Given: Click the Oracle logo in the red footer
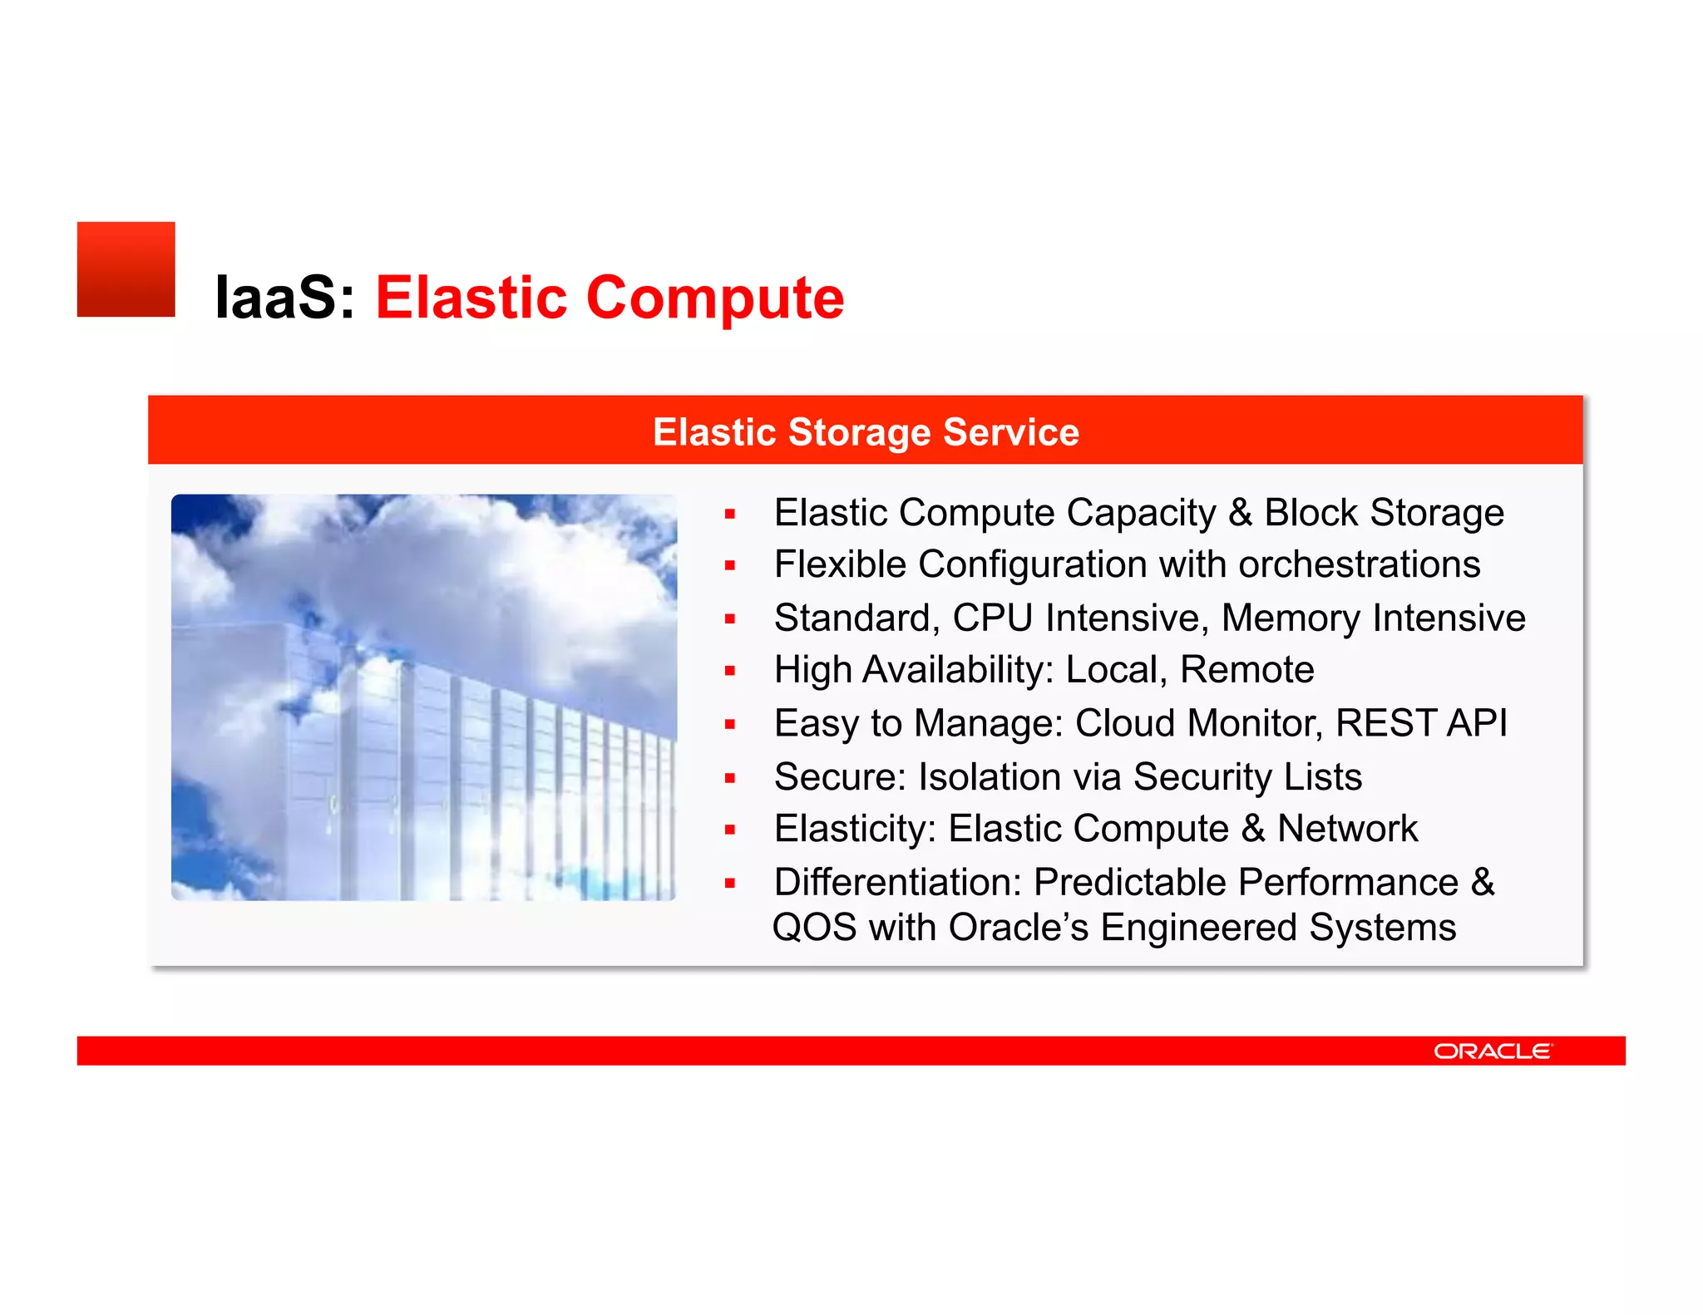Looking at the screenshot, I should [1492, 1052].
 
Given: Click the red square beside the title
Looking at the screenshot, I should [126, 269].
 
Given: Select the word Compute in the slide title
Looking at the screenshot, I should [715, 298].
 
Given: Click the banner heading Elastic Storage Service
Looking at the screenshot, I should [866, 432].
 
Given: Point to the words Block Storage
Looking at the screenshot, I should [1384, 513].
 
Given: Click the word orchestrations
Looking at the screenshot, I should [1359, 564].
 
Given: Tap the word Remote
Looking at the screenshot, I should [1246, 670].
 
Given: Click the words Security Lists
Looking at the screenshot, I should [1247, 777].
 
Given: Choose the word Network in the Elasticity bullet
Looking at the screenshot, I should [1347, 829].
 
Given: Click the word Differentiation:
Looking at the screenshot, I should [897, 883].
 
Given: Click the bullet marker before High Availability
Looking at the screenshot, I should [730, 671].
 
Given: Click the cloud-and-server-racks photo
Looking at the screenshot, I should [424, 697].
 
